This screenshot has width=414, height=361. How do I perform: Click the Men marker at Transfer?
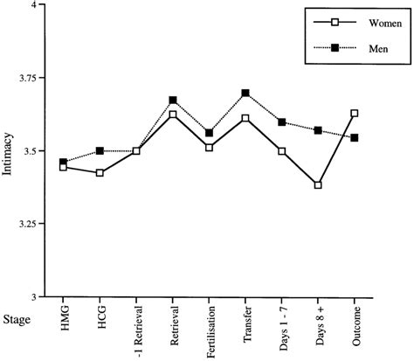(x=245, y=93)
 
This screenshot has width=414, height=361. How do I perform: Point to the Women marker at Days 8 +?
(x=318, y=185)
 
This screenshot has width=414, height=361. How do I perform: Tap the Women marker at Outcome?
(x=355, y=113)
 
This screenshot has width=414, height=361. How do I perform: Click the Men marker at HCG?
(x=100, y=151)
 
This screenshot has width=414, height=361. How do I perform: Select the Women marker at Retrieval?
(x=173, y=115)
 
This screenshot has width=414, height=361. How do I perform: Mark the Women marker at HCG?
(x=100, y=173)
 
